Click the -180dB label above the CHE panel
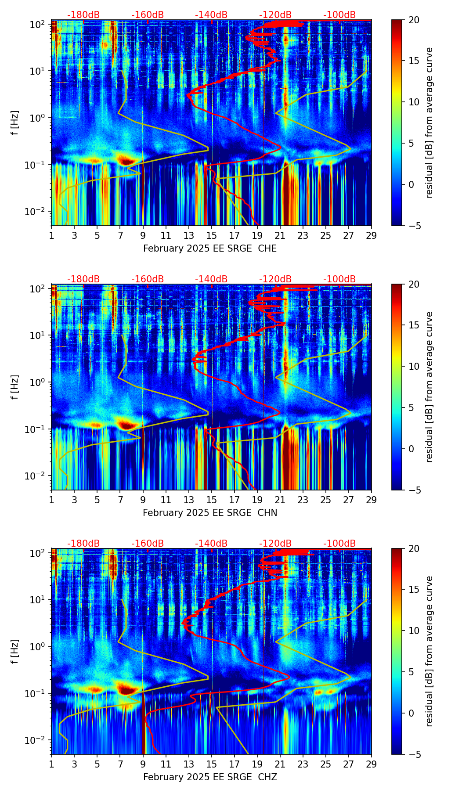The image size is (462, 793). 83,15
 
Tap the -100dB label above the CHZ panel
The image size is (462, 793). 339,544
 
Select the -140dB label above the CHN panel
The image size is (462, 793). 211,279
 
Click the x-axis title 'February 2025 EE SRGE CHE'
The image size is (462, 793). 210,249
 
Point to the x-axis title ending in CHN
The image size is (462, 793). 210,513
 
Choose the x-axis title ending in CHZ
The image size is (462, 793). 210,777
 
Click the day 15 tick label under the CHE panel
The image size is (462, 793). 212,235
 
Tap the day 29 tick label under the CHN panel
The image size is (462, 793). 372,500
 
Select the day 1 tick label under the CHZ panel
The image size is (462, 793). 51,764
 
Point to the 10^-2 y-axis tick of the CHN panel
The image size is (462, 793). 37,476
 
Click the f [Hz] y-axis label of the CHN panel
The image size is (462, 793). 15,387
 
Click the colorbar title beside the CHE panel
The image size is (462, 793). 429,123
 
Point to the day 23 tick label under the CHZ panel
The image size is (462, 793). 303,764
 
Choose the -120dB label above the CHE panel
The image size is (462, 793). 275,15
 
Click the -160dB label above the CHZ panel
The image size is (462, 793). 148,544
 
